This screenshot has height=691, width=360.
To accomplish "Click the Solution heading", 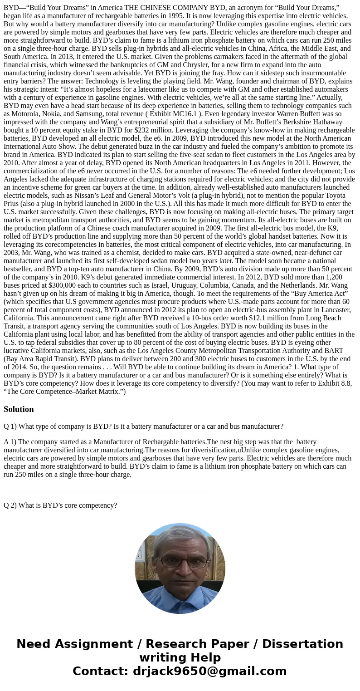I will click(x=19, y=409).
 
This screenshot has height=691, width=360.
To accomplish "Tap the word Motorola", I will click(x=19, y=114).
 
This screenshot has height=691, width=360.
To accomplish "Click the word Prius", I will click(x=12, y=204).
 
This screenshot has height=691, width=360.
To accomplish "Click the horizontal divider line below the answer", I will click(x=108, y=492).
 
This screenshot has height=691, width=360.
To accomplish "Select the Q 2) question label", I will click(x=10, y=505).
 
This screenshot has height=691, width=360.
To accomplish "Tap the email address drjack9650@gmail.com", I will click(x=209, y=671).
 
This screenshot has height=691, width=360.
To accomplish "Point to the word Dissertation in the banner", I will click(x=302, y=644).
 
